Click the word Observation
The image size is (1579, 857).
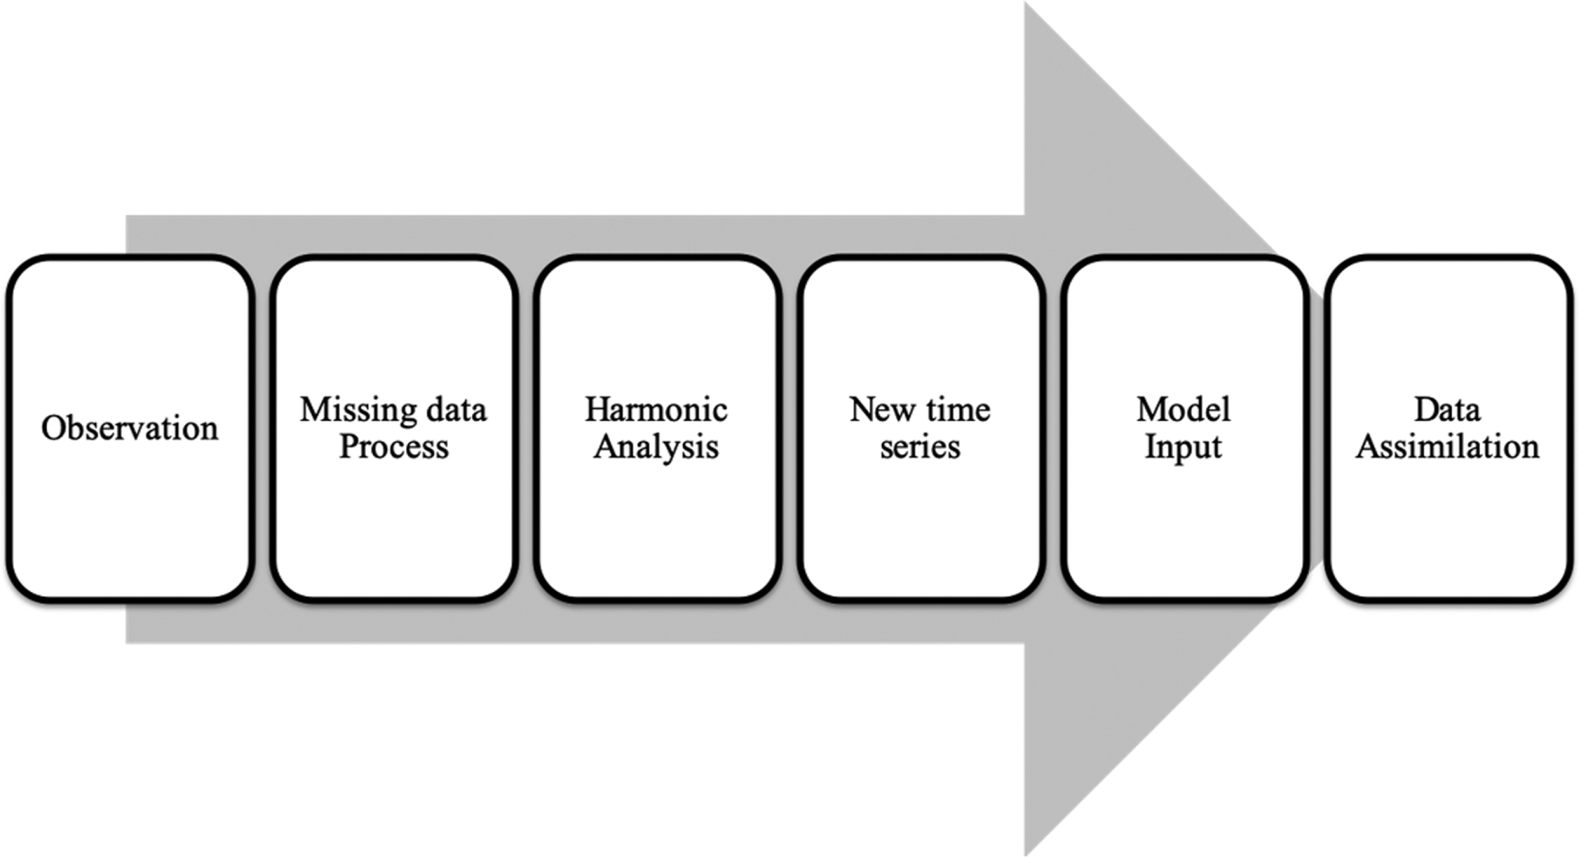click(129, 428)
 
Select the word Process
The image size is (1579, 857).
click(393, 446)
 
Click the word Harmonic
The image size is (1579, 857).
click(657, 409)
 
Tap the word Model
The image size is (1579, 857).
click(1183, 409)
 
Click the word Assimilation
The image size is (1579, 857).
click(1447, 446)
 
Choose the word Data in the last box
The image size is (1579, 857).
click(1447, 409)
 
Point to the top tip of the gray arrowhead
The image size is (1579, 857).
click(1025, 2)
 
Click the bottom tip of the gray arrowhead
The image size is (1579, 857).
click(1025, 855)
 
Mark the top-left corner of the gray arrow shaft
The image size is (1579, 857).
click(126, 216)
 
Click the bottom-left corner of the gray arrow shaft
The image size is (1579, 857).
click(126, 643)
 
